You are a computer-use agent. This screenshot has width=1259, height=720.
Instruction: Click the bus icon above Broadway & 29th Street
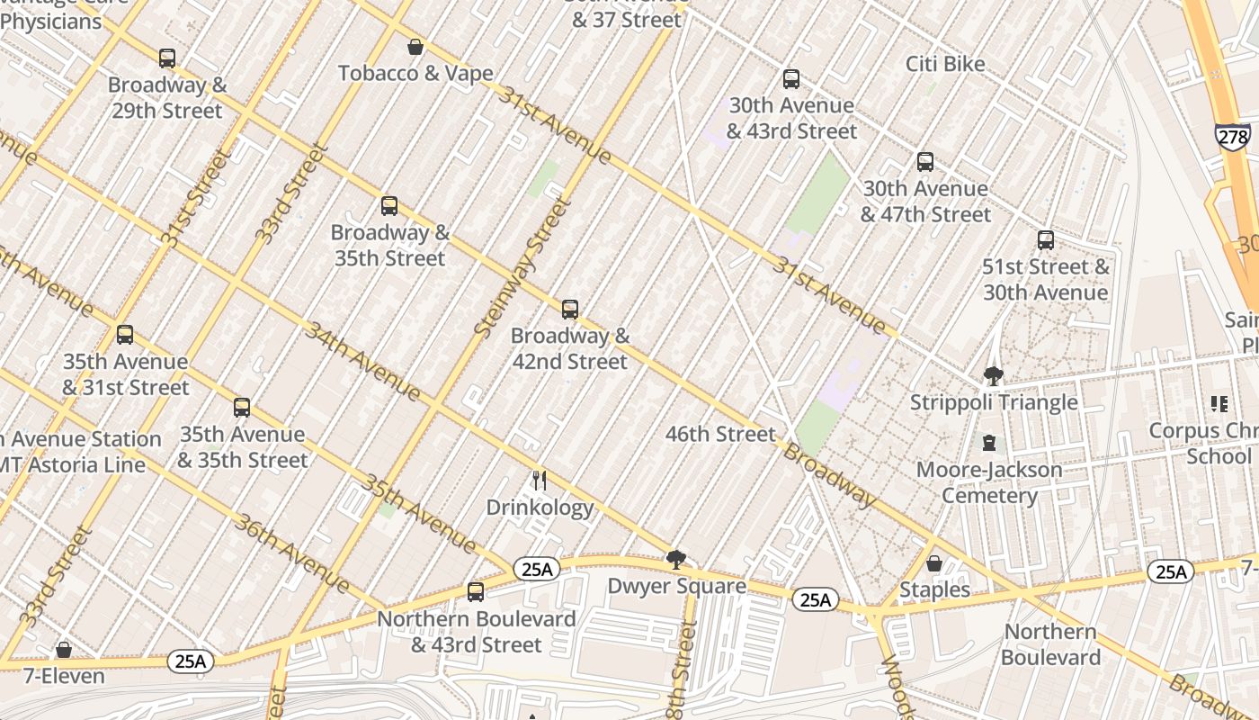[x=167, y=58]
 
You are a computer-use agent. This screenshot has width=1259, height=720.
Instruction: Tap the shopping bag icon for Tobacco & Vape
[x=415, y=47]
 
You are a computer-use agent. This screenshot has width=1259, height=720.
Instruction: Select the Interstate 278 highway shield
[x=1232, y=136]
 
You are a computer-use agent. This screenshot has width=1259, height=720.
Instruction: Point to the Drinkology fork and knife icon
[x=540, y=481]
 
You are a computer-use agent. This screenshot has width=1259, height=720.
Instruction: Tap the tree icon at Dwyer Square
[x=676, y=560]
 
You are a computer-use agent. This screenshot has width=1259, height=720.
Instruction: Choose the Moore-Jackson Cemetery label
[x=989, y=482]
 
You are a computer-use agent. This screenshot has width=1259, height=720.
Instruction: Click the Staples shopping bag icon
[x=934, y=563]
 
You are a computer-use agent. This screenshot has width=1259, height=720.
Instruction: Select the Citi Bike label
[x=945, y=64]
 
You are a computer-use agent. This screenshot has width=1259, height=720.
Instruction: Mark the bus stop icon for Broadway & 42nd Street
[x=570, y=310]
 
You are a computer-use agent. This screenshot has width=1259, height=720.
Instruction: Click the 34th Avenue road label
[x=363, y=361]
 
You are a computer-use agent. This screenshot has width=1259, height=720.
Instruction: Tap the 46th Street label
[x=720, y=434]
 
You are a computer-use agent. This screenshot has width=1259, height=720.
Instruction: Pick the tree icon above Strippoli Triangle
[x=994, y=375]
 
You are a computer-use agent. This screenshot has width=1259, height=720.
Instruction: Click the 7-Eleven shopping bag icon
[x=64, y=649]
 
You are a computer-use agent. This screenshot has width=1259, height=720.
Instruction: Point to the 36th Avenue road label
[x=291, y=553]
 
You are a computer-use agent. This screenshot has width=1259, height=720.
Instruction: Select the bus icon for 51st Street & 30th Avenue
[x=1046, y=240]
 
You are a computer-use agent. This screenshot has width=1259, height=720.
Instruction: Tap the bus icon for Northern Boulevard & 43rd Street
[x=476, y=592]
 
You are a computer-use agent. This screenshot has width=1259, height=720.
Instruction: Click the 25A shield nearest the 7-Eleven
[x=191, y=661]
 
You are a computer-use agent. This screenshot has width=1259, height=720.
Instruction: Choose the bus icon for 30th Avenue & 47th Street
[x=925, y=162]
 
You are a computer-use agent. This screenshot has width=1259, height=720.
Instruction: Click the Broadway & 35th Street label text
[x=388, y=246]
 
